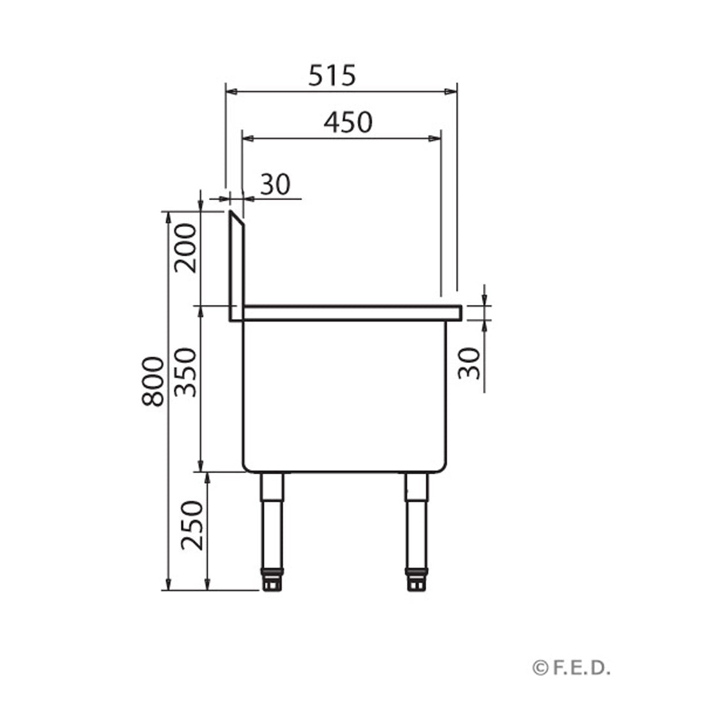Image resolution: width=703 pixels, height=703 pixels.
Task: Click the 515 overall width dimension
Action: coord(332,76)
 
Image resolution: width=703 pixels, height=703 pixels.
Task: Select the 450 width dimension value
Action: coord(347,121)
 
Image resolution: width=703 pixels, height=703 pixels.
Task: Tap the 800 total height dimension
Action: coord(153,382)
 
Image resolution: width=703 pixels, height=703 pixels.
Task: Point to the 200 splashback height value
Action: coord(186,248)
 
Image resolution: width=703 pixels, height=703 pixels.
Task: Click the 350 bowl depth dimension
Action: coord(186,372)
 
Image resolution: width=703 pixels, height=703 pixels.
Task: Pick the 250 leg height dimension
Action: coord(191,525)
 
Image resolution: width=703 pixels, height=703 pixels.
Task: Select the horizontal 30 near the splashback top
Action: coord(275,185)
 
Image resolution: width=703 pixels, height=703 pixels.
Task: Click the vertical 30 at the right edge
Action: coord(470,363)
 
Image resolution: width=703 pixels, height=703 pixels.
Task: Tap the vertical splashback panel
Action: coord(235,268)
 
